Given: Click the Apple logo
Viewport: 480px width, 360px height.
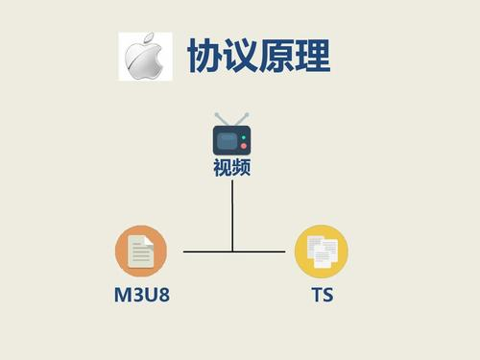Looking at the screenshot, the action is click(x=144, y=56).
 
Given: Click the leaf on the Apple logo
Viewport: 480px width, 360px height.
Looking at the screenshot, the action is click(x=148, y=37).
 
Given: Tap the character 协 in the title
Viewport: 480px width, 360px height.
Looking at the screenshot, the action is click(x=204, y=55).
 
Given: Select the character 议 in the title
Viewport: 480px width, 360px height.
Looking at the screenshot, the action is click(x=240, y=55).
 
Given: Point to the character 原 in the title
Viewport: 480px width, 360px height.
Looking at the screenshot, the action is click(x=276, y=55).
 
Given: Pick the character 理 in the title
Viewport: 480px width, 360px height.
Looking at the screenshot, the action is click(x=312, y=55).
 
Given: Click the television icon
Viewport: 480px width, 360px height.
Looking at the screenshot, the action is click(x=231, y=134).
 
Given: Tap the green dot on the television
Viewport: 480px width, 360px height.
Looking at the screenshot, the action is click(x=244, y=137).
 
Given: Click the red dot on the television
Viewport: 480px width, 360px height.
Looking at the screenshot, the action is click(x=244, y=146).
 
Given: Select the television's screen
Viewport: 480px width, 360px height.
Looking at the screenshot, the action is click(x=227, y=141).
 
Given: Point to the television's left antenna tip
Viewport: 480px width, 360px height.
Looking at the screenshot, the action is click(x=217, y=114).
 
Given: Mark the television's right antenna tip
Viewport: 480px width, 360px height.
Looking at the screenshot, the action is click(x=247, y=114).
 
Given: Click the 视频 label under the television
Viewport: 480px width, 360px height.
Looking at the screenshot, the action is click(x=231, y=167).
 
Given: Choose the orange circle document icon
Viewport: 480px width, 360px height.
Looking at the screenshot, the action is click(x=141, y=252).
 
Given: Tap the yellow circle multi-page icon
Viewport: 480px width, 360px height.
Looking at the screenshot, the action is click(x=322, y=252).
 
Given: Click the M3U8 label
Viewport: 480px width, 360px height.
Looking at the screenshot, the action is click(x=142, y=295).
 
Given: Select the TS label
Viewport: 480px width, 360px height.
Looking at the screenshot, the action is click(x=323, y=295).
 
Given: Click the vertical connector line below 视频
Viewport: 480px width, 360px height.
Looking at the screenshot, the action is click(x=232, y=216).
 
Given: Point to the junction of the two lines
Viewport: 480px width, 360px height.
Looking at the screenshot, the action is click(x=232, y=252).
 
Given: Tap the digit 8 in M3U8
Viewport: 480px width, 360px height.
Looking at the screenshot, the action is click(x=164, y=295).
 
